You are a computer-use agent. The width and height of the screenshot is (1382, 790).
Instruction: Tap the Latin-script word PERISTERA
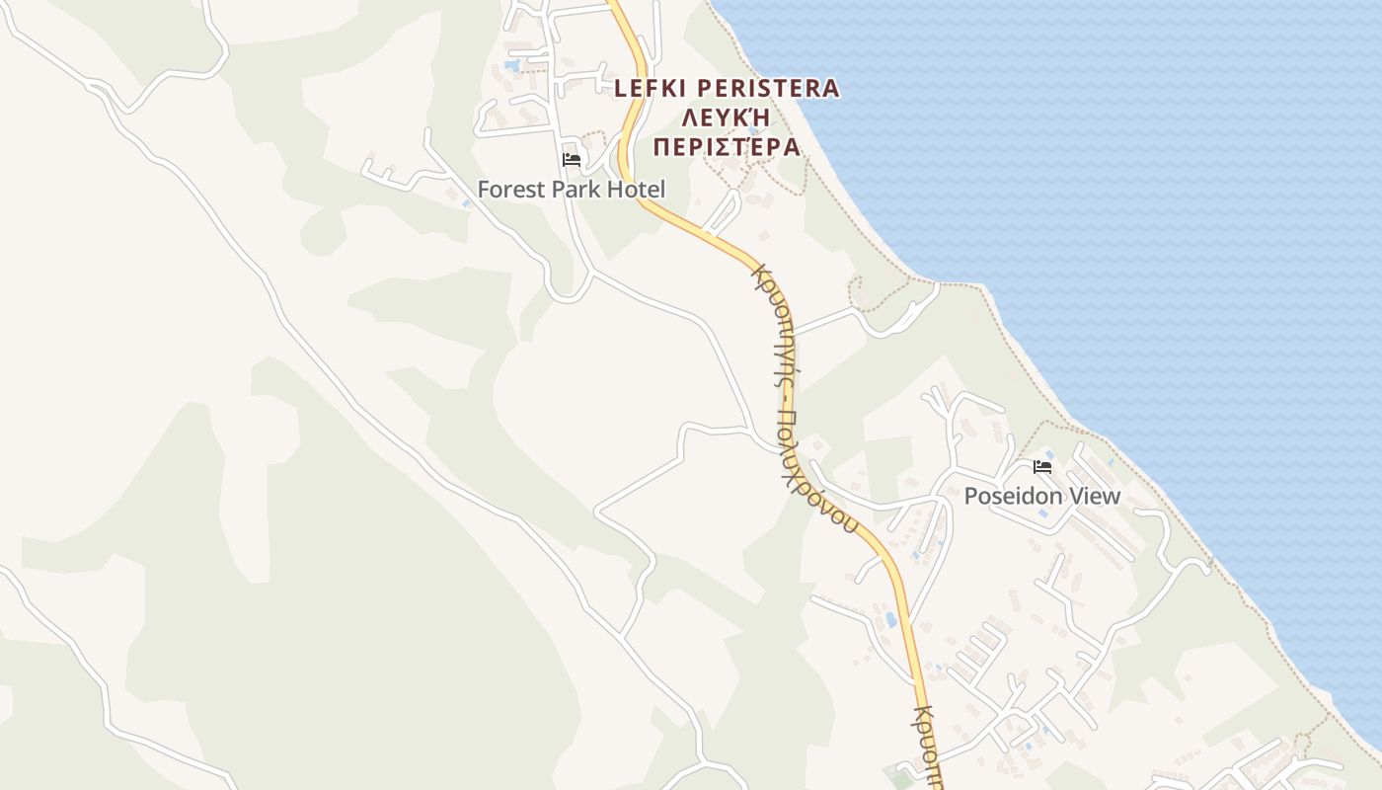click(771, 88)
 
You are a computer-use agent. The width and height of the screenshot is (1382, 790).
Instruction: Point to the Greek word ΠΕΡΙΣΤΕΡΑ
click(726, 147)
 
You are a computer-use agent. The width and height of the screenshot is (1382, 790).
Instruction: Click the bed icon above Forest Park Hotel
click(571, 159)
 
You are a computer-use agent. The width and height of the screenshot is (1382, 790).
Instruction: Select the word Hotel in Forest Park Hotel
click(636, 190)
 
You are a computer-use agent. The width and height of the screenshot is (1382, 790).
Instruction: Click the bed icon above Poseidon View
click(1042, 466)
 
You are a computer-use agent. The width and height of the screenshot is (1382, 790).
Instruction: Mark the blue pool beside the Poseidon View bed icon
click(1111, 460)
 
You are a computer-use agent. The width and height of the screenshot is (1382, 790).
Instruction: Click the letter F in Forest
click(484, 190)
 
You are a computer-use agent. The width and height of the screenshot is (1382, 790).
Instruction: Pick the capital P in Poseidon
click(970, 496)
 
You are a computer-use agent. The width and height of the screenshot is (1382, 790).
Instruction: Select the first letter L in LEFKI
click(620, 88)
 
